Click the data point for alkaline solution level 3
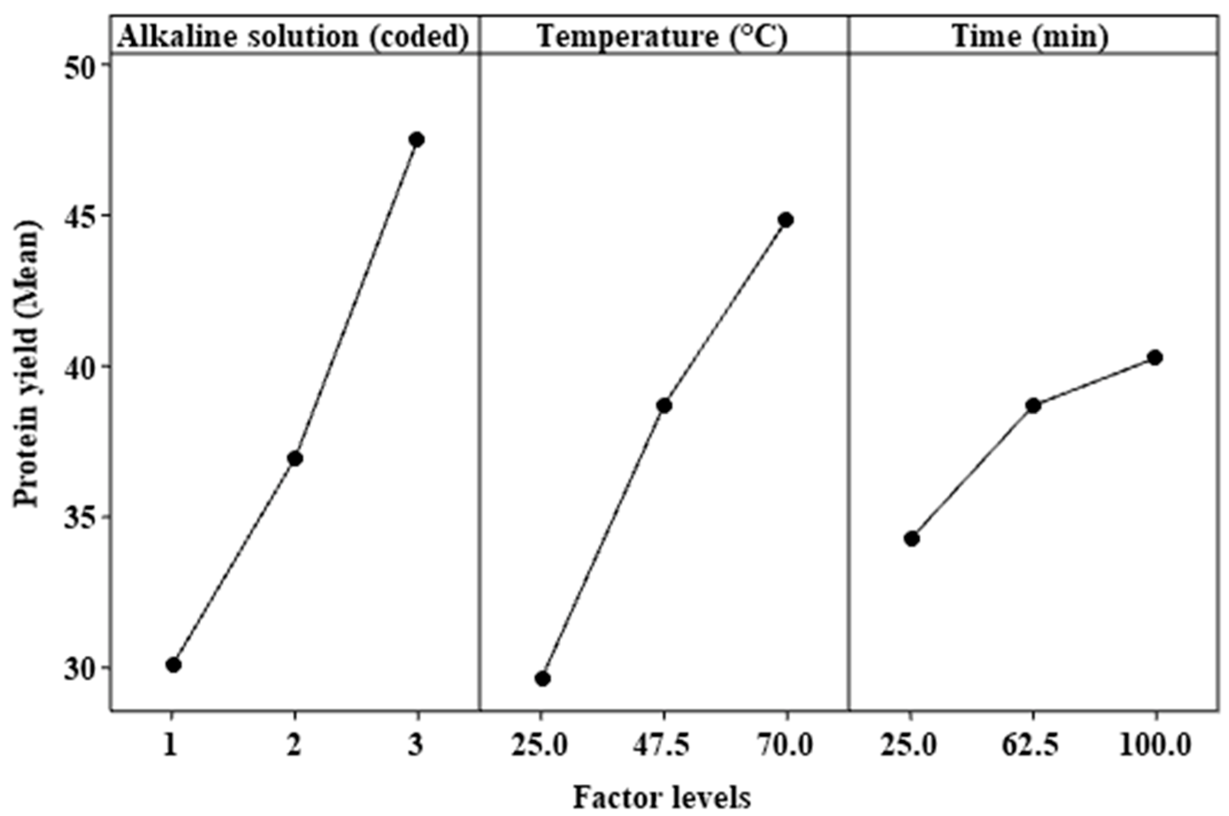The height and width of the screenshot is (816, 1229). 417,139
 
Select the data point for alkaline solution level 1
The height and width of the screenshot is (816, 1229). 174,665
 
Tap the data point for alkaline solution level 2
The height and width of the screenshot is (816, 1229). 295,459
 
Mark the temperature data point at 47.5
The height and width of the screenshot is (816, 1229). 664,406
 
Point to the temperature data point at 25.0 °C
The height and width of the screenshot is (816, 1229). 542,678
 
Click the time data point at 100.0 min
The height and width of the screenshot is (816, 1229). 1155,357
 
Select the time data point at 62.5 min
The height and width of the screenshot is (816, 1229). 1034,406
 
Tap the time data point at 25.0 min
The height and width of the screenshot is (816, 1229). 911,539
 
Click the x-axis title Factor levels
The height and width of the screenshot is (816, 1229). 662,797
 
